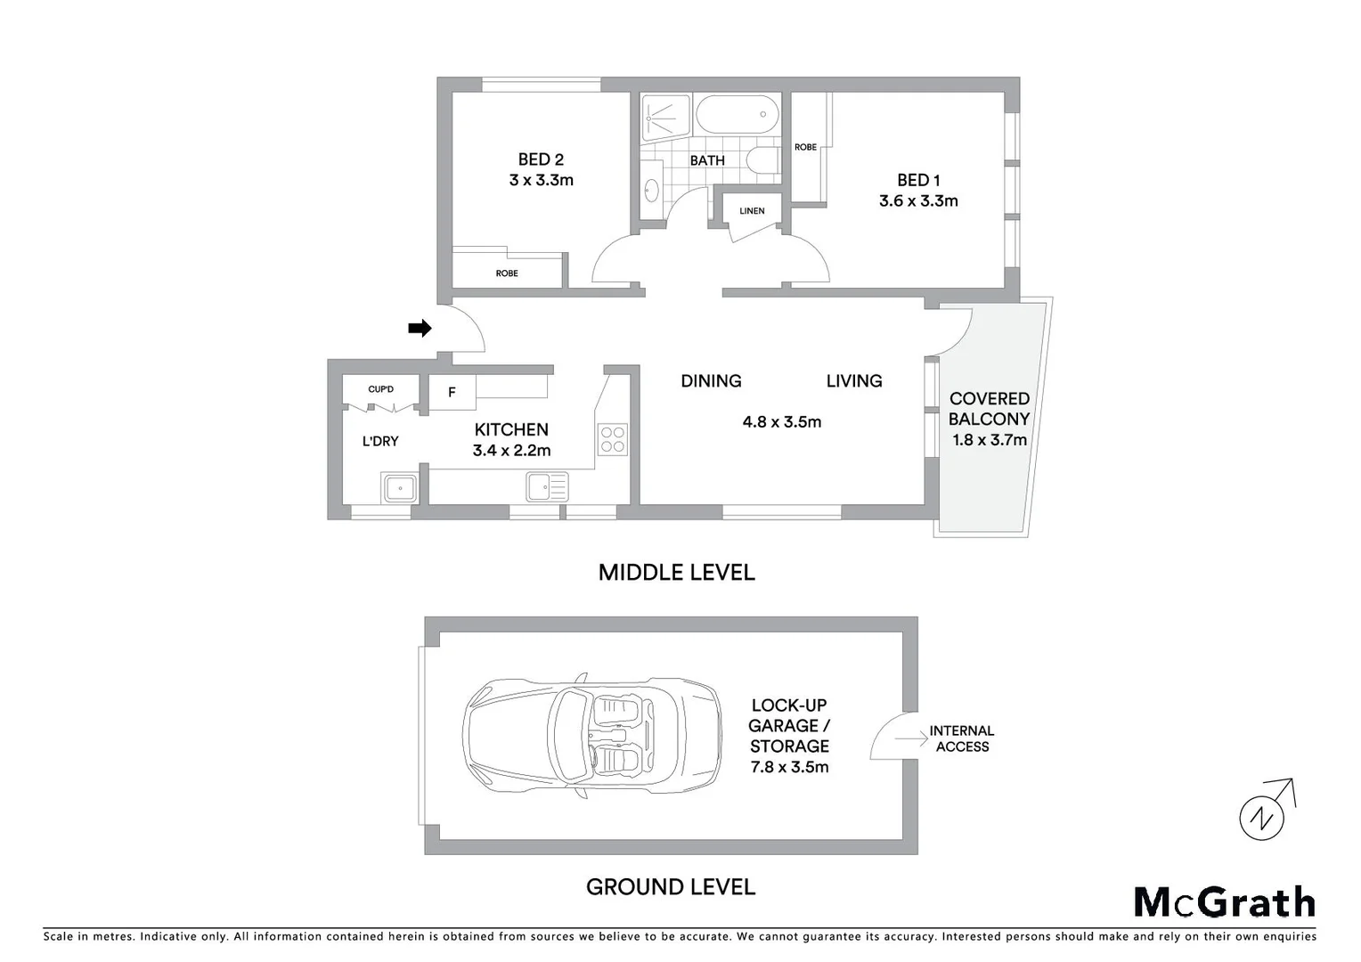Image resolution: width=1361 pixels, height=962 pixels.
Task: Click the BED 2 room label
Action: (x=541, y=159)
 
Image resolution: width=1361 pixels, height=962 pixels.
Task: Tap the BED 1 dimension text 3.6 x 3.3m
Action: (x=918, y=201)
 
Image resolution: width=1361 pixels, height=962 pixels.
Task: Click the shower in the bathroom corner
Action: (x=665, y=116)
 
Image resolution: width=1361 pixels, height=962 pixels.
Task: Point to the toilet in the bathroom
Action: (x=762, y=161)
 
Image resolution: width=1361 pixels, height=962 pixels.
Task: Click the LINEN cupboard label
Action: (x=752, y=211)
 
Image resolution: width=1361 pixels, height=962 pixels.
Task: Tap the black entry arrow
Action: (x=420, y=329)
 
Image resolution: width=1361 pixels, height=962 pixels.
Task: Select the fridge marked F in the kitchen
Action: (x=452, y=392)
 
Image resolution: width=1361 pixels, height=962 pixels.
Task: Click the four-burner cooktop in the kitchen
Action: (x=613, y=439)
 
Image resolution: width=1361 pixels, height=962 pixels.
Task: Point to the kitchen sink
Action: (x=547, y=487)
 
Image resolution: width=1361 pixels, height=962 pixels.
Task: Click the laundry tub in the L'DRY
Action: (x=400, y=488)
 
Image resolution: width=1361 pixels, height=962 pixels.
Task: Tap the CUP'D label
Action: (x=380, y=389)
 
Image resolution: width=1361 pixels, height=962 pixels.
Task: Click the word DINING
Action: (x=711, y=381)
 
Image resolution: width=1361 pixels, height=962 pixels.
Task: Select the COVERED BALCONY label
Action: (x=989, y=409)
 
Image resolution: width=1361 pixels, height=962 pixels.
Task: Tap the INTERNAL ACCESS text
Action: (x=961, y=738)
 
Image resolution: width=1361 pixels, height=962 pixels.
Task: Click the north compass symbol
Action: (x=1263, y=814)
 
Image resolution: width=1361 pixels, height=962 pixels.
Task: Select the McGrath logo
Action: (x=1224, y=902)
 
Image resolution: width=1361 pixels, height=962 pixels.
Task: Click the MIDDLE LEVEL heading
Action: (x=676, y=573)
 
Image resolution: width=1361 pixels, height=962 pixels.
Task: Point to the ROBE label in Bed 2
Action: (x=507, y=273)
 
